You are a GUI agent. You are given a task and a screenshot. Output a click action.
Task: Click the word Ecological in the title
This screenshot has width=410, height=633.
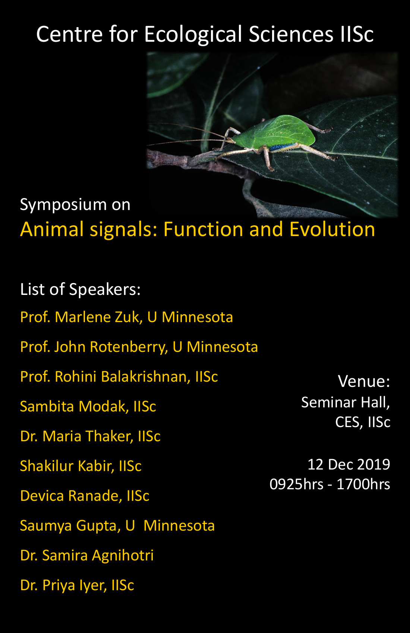click(x=193, y=35)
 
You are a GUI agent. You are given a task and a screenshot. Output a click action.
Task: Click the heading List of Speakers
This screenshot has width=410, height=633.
click(x=81, y=289)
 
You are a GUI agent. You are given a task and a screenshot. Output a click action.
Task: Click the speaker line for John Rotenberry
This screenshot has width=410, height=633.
click(x=139, y=347)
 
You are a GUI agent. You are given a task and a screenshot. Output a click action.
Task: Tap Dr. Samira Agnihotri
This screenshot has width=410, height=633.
click(x=87, y=555)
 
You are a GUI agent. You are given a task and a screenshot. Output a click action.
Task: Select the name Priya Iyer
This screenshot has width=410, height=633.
click(x=75, y=585)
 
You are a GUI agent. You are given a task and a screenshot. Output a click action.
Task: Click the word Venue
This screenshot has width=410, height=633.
click(x=364, y=381)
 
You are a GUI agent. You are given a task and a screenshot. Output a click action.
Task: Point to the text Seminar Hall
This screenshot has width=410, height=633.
click(x=346, y=403)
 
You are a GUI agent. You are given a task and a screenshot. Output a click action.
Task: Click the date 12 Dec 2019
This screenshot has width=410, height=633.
click(x=349, y=465)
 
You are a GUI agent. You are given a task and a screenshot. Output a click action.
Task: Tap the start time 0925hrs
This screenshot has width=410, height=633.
click(x=296, y=484)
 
